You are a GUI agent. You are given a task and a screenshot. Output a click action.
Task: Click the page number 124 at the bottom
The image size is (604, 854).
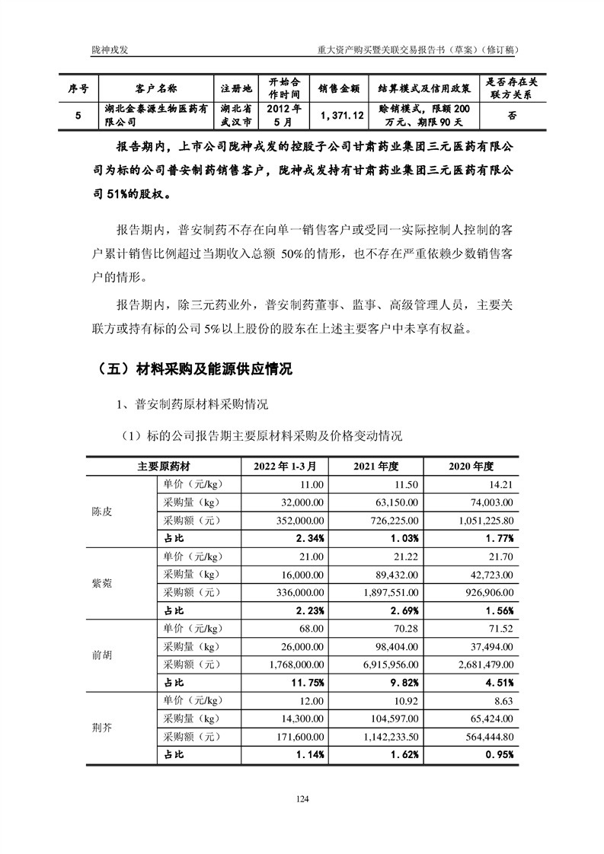302,798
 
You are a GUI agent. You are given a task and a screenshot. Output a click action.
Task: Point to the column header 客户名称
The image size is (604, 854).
156,88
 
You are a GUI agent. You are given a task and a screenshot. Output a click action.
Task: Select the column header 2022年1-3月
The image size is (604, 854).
279,465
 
